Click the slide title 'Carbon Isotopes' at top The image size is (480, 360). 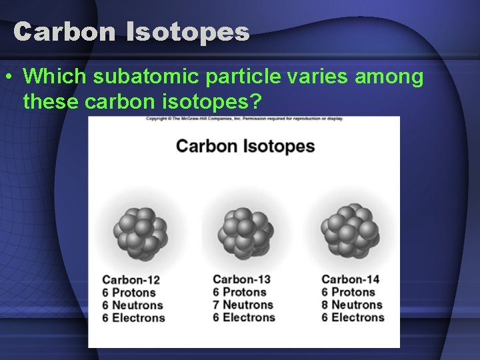[131, 31]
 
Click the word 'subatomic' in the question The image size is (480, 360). [145, 77]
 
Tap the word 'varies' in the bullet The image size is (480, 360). [315, 77]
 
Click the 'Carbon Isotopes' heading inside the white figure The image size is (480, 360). [245, 146]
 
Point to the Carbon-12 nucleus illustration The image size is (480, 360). [140, 232]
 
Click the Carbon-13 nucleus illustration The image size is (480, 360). [245, 231]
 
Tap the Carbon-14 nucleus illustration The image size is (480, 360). [349, 230]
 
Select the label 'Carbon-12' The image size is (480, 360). [131, 280]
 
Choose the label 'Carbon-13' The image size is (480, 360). [242, 279]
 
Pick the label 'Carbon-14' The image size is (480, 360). [350, 279]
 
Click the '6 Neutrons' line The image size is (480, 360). [133, 305]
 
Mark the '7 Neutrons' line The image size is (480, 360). [243, 305]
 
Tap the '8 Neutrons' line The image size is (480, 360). [352, 305]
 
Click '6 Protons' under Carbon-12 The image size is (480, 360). [129, 293]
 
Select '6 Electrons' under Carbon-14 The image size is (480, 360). [353, 317]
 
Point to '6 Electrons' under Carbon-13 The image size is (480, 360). [244, 317]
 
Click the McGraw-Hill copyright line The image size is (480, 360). [244, 119]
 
